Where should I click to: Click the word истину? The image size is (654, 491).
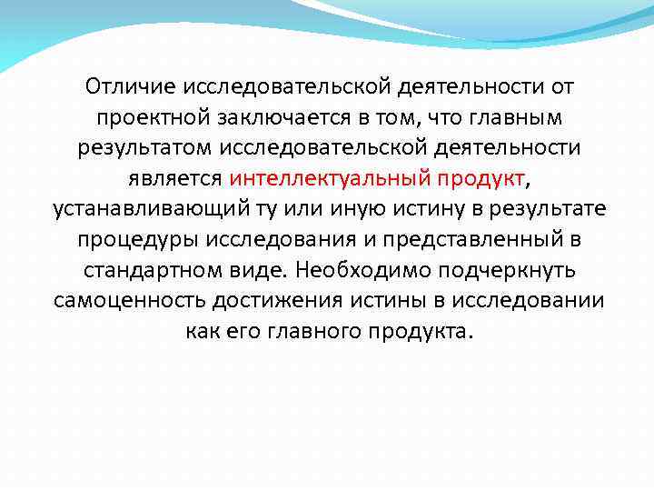pos(416,208)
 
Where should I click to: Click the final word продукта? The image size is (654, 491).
pos(419,329)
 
